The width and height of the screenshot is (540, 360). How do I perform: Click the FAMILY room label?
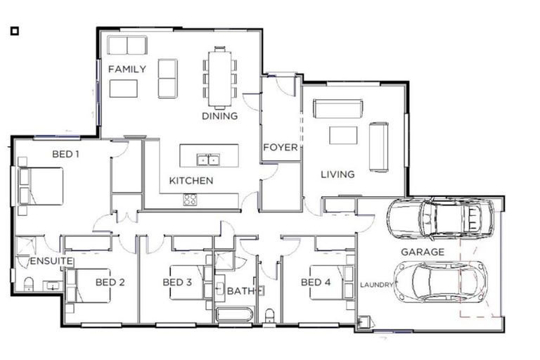pos(127,69)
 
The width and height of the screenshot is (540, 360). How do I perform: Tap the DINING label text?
pos(219,116)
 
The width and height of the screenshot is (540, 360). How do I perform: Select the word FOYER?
pos(280,148)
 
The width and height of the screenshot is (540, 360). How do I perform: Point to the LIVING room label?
pos(337,174)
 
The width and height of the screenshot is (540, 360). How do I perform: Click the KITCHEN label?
pos(191,181)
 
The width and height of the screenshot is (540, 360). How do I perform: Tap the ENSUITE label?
pos(51,261)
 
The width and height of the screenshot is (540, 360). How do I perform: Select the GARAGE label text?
pos(422,251)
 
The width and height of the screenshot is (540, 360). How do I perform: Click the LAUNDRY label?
pos(377,285)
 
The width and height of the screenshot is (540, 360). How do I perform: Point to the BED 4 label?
pos(316,283)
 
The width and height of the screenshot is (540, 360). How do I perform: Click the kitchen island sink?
pos(207,160)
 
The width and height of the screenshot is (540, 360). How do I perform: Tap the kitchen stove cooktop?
pos(191,199)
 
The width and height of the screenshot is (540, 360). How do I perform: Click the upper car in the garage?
pos(439,218)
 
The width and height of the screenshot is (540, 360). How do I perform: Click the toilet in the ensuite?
pos(29,283)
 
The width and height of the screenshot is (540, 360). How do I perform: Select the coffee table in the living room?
pos(343,134)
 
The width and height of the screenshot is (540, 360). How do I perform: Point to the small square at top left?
pos(14,31)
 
